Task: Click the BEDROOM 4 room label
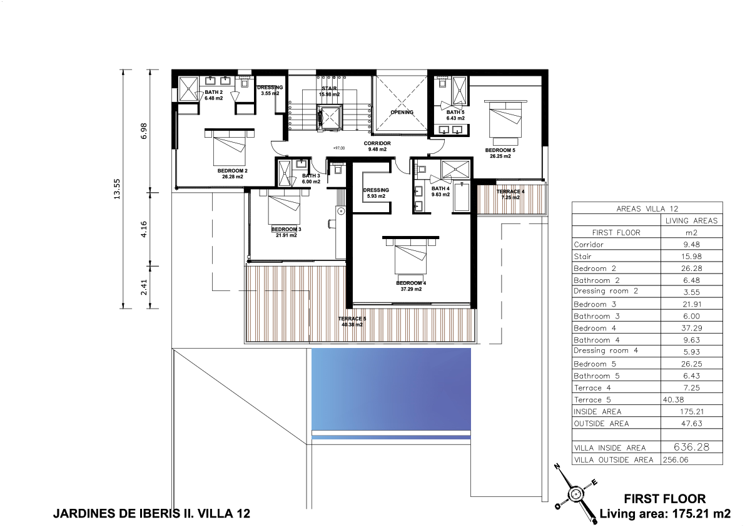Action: (411, 284)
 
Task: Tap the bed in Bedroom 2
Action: (230, 146)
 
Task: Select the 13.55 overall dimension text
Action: (117, 188)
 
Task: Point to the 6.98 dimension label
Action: (143, 131)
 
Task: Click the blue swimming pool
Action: (391, 389)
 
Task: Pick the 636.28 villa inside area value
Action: (691, 447)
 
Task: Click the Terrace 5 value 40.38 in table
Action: (673, 400)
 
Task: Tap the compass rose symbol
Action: (575, 494)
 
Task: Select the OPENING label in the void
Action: (402, 113)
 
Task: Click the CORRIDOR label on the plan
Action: (377, 143)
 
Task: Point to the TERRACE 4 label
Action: (510, 192)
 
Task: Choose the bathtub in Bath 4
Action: (462, 196)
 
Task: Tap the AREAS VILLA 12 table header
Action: (647, 208)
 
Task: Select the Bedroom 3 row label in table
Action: (595, 304)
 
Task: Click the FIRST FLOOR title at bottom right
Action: (665, 499)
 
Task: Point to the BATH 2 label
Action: (214, 92)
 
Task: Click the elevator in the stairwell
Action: (329, 118)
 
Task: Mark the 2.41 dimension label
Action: (143, 287)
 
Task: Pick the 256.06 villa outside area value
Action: (675, 459)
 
